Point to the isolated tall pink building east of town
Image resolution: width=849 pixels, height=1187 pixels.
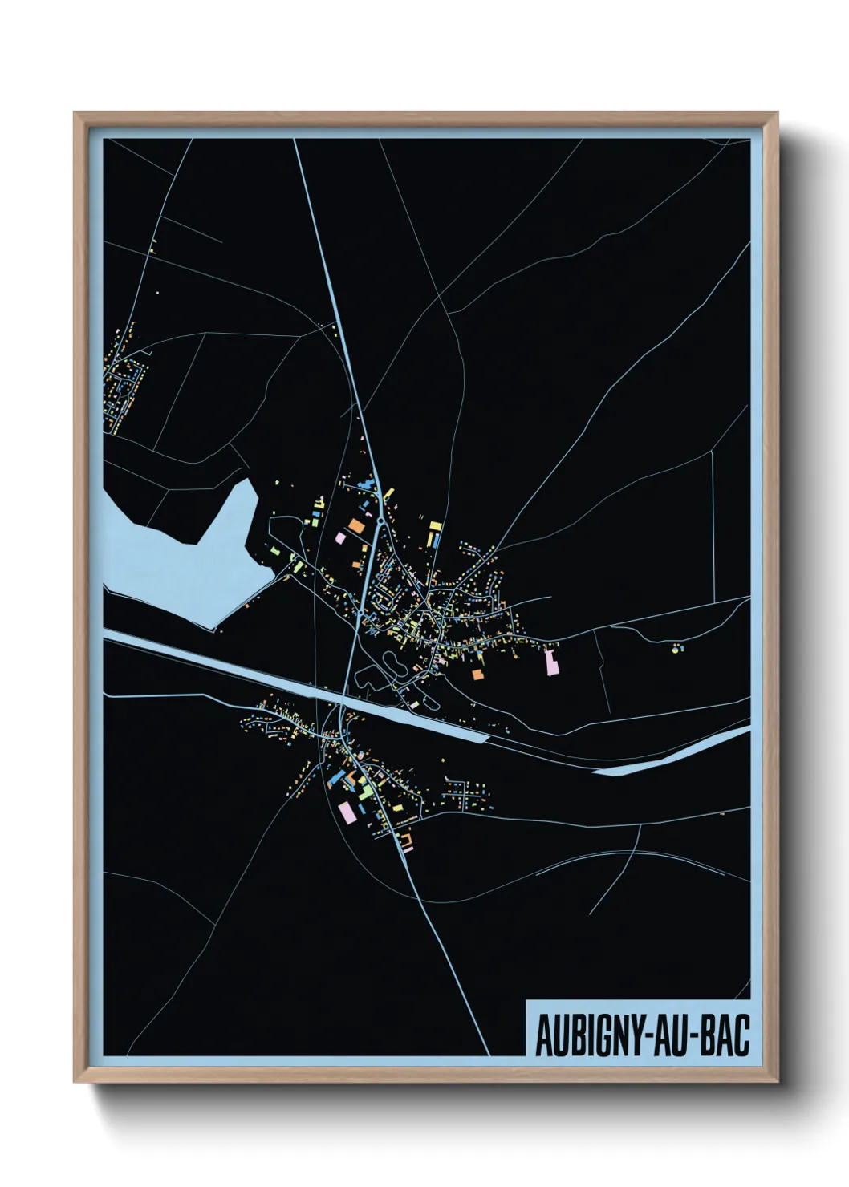[550, 663]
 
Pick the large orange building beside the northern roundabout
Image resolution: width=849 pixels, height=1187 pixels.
[355, 526]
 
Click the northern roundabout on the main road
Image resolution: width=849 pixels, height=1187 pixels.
[380, 521]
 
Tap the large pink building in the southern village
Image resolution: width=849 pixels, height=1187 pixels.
[347, 812]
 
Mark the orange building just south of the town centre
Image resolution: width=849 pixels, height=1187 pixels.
[477, 675]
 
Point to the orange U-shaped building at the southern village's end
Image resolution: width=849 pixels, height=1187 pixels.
[406, 840]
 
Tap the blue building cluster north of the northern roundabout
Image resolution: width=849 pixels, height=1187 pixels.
[369, 484]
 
